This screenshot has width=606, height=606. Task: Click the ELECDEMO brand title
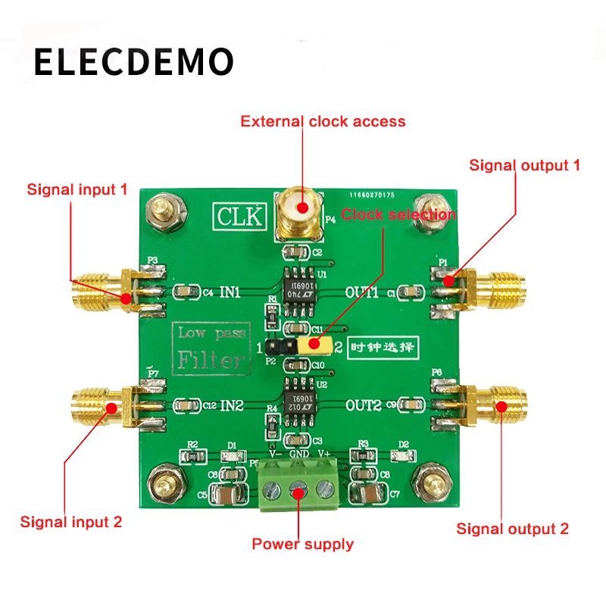133,62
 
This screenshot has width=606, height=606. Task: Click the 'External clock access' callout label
323,121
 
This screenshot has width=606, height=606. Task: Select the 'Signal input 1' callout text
77,189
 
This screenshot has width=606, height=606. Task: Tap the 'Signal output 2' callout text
512,529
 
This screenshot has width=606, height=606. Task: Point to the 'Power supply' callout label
302,544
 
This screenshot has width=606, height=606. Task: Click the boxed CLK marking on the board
239,216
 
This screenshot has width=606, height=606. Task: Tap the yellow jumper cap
317,345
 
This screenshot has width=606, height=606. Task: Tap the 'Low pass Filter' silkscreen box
211,347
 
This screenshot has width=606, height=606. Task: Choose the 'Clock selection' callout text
398,214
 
